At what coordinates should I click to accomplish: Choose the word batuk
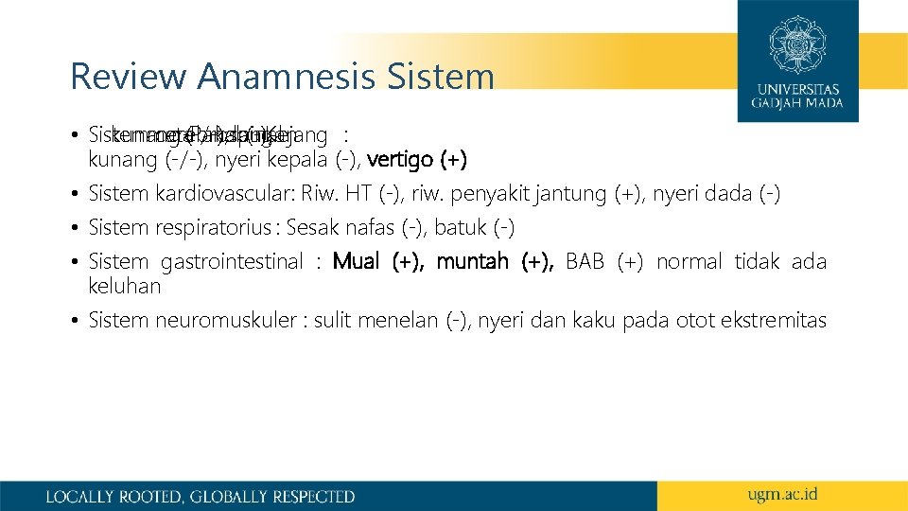tap(460, 228)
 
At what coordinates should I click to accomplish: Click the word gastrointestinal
tap(232, 262)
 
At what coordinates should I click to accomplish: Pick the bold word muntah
tap(472, 262)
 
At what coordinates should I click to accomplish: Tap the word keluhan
tap(124, 286)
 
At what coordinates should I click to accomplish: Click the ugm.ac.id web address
tap(782, 495)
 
